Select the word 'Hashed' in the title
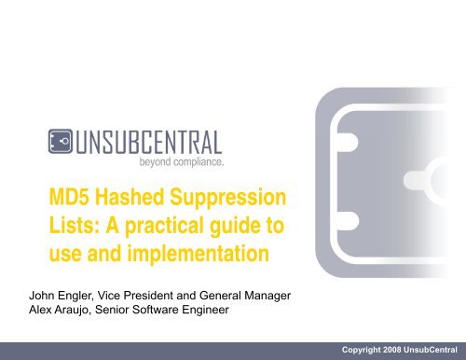pos(133,199)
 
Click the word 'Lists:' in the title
pos(74,226)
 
